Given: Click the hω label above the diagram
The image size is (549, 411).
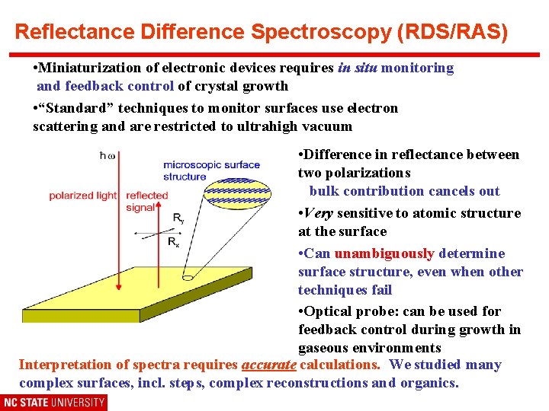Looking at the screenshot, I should point(108,155).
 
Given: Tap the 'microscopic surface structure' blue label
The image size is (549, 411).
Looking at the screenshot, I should point(211,170).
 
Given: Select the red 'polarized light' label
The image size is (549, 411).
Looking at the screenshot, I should point(82,196).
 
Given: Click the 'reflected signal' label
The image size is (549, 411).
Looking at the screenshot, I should point(146,201).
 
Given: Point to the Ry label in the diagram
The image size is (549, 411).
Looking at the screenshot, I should point(178,218).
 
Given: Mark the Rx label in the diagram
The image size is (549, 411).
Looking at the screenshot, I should point(174,243).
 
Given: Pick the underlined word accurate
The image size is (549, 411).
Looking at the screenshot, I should point(269,365).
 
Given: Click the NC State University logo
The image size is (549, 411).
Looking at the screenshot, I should point(53,402).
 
